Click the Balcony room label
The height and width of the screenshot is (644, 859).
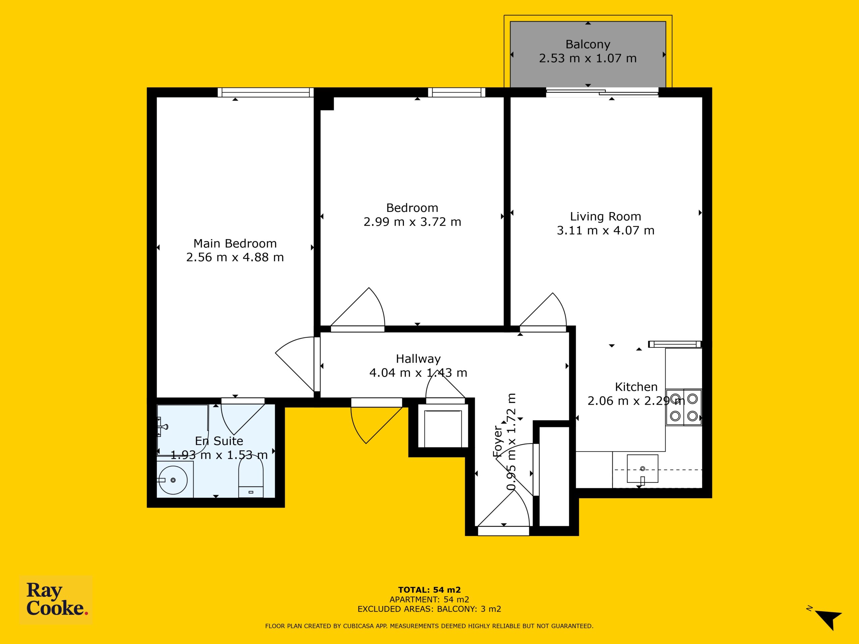tap(588, 44)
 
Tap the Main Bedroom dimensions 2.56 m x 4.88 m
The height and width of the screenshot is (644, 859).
tap(235, 257)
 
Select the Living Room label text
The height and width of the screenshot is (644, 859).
tap(605, 216)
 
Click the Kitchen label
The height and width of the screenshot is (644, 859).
tap(636, 387)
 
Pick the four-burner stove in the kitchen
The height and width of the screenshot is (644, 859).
tap(684, 407)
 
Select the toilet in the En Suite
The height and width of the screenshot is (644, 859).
tap(250, 478)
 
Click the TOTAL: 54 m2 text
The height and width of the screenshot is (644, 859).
tap(429, 590)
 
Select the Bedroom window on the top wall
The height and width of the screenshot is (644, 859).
tap(457, 92)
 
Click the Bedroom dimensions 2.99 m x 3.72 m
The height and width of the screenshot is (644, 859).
tap(412, 222)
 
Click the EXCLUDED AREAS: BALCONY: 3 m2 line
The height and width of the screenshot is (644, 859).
tap(429, 609)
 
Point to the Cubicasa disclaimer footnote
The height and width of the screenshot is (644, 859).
tap(429, 626)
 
